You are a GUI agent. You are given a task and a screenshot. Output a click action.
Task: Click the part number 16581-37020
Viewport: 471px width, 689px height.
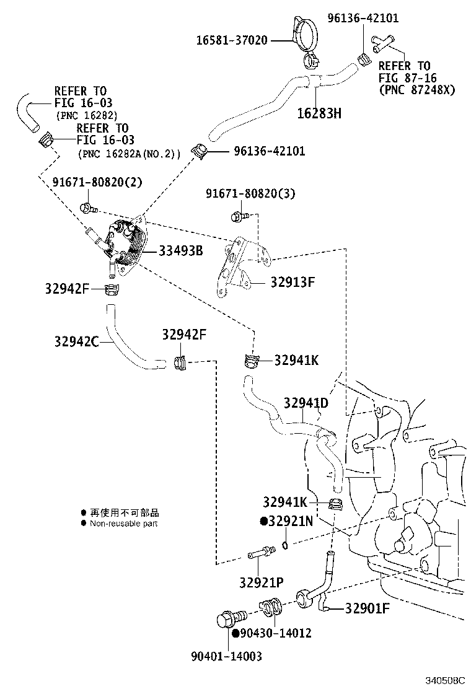232,41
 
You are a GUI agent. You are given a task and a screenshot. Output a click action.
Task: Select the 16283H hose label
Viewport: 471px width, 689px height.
319,113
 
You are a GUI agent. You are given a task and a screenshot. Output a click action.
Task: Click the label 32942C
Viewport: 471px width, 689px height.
76,341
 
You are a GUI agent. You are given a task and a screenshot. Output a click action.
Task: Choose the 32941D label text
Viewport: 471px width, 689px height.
306,403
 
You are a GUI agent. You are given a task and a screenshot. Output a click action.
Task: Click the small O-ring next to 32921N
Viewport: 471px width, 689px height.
284,545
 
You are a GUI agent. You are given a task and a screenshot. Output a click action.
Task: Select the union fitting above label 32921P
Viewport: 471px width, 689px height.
261,551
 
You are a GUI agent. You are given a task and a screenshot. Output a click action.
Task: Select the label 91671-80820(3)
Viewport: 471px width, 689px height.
250,194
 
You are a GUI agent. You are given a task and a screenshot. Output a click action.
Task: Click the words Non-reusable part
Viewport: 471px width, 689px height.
124,524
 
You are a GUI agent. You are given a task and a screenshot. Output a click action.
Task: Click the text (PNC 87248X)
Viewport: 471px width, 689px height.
416,89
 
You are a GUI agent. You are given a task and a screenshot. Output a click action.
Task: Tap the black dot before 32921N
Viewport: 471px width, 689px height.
263,522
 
